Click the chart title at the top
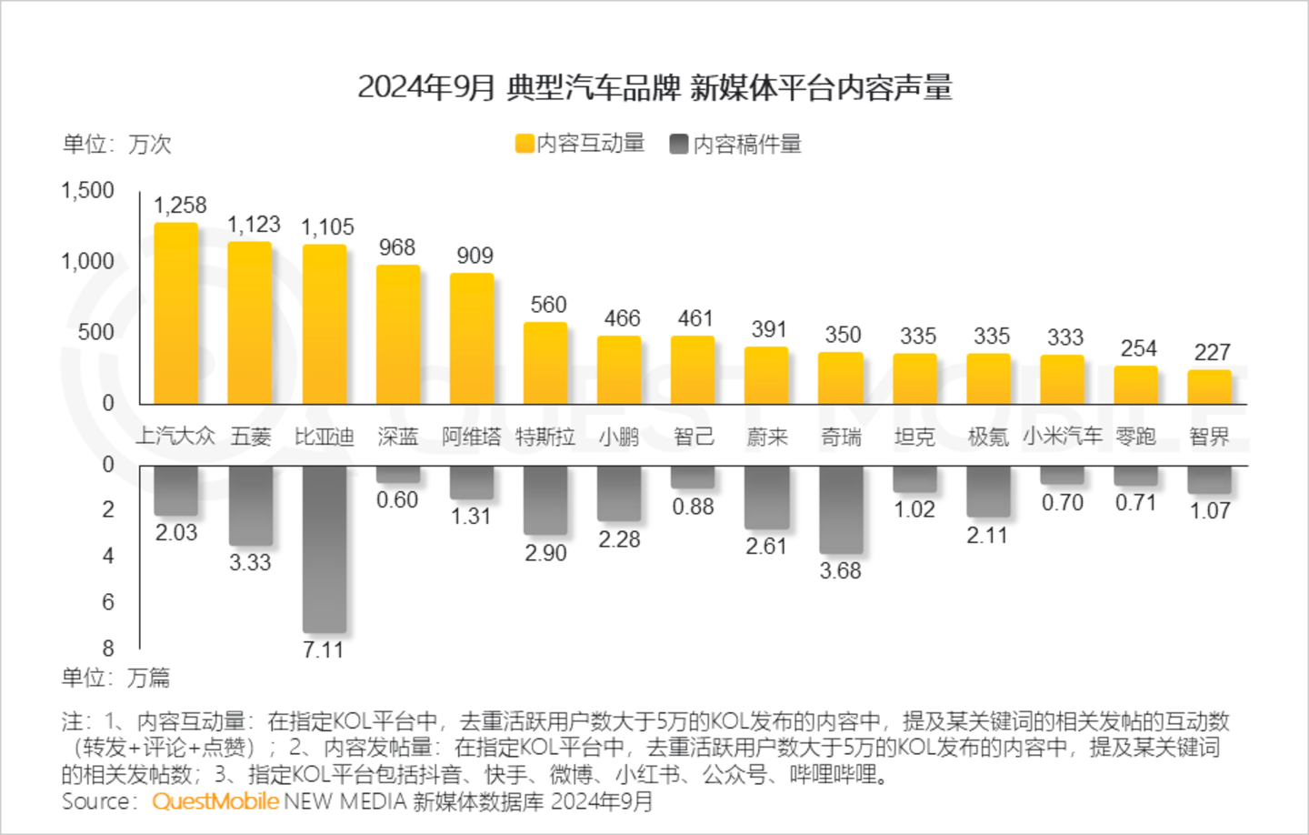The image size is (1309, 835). [x=654, y=87]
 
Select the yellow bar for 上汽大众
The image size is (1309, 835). [x=175, y=314]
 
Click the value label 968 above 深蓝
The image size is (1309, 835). [x=397, y=247]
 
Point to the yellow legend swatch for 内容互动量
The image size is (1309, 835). [x=525, y=144]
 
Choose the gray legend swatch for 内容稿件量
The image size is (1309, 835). [x=679, y=144]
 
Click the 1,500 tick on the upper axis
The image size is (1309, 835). [x=87, y=191]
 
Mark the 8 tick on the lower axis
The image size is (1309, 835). [x=108, y=649]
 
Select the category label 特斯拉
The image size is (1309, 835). [x=545, y=438]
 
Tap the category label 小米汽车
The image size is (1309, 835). [x=1062, y=438]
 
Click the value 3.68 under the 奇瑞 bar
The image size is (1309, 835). [x=840, y=571]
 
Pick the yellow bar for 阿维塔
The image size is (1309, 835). [x=472, y=338]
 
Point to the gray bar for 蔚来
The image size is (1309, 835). [x=766, y=497]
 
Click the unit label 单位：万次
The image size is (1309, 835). [x=116, y=145]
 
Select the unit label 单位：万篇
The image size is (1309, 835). [x=115, y=678]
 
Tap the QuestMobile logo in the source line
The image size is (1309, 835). [x=215, y=801]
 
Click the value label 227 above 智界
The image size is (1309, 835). [x=1212, y=352]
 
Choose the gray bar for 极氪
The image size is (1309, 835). [x=988, y=491]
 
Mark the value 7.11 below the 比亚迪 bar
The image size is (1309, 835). [x=324, y=650]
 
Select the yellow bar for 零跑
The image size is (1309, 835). [x=1136, y=385]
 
